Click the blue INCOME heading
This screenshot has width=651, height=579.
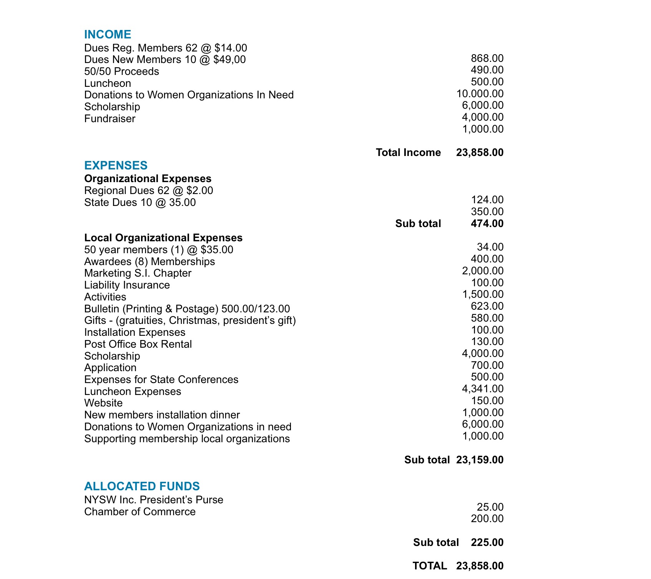[108, 35]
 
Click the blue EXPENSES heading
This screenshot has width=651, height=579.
[116, 166]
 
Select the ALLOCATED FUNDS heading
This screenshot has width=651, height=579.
[142, 486]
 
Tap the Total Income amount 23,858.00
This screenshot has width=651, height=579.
[480, 153]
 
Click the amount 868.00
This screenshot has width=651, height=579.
[487, 58]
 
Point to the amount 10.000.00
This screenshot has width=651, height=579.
[480, 94]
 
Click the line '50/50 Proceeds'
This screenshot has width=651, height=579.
[121, 71]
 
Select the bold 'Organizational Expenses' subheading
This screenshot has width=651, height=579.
[148, 179]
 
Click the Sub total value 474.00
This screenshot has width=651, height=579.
[487, 224]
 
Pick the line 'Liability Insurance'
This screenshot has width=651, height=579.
[127, 285]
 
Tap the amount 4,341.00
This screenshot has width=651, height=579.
[482, 389]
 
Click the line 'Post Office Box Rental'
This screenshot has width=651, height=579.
[138, 344]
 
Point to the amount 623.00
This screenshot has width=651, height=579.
[487, 306]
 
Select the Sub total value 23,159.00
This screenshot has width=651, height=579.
[480, 460]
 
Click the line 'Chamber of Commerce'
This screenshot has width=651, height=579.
[140, 512]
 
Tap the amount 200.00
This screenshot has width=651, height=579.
[487, 519]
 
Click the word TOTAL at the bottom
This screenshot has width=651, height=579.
[430, 566]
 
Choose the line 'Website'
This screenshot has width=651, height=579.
[103, 403]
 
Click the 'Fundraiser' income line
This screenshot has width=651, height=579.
[110, 119]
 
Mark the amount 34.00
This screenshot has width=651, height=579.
[490, 247]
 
